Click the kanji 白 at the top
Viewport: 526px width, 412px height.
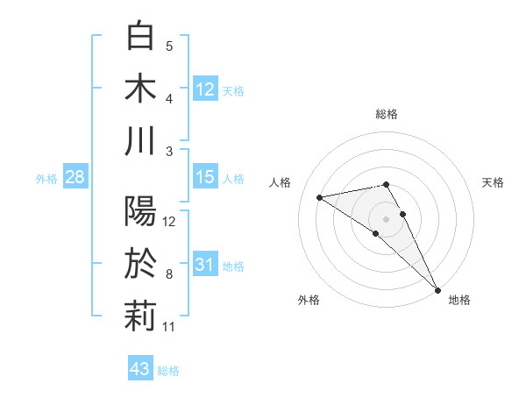[140, 36]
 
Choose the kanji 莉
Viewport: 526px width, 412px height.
[140, 316]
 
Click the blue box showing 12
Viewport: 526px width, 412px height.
[205, 89]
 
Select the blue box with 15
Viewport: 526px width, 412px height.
[205, 177]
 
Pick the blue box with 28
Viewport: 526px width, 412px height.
[75, 178]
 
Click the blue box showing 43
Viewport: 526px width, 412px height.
[140, 369]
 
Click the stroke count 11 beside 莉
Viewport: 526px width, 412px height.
[169, 327]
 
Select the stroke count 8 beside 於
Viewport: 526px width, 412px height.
[169, 274]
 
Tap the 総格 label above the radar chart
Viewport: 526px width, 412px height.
[387, 114]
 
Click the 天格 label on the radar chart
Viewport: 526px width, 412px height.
[494, 182]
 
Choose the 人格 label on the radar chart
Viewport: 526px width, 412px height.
[280, 182]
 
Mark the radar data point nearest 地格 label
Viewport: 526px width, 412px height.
[437, 288]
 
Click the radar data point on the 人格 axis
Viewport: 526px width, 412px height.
[320, 197]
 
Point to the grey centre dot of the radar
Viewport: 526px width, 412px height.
[387, 218]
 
